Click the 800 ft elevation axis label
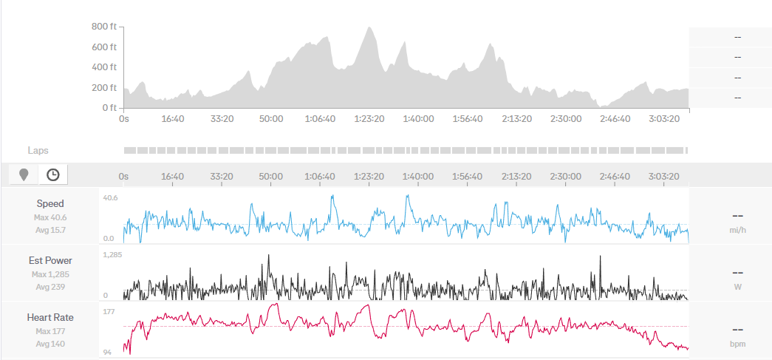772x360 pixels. (x=104, y=27)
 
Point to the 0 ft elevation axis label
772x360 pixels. (x=109, y=108)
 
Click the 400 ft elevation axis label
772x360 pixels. (x=104, y=67)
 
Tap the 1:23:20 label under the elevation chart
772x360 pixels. (x=369, y=118)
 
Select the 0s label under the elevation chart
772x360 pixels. (x=123, y=118)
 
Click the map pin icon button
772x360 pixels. (x=24, y=174)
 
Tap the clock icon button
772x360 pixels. (x=53, y=174)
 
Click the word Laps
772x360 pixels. (x=38, y=150)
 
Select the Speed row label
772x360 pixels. (x=50, y=203)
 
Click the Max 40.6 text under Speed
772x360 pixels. (x=50, y=218)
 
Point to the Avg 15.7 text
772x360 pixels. (x=50, y=230)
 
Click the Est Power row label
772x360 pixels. (x=50, y=260)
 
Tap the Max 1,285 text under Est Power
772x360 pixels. (x=50, y=275)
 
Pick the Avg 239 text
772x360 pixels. (x=50, y=287)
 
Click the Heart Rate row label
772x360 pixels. (x=50, y=317)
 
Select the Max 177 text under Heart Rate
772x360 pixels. (x=50, y=332)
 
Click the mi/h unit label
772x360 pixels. (x=737, y=231)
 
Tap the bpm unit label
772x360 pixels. (x=737, y=344)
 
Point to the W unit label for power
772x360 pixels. (x=737, y=288)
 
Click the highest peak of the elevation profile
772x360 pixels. (x=368, y=29)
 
